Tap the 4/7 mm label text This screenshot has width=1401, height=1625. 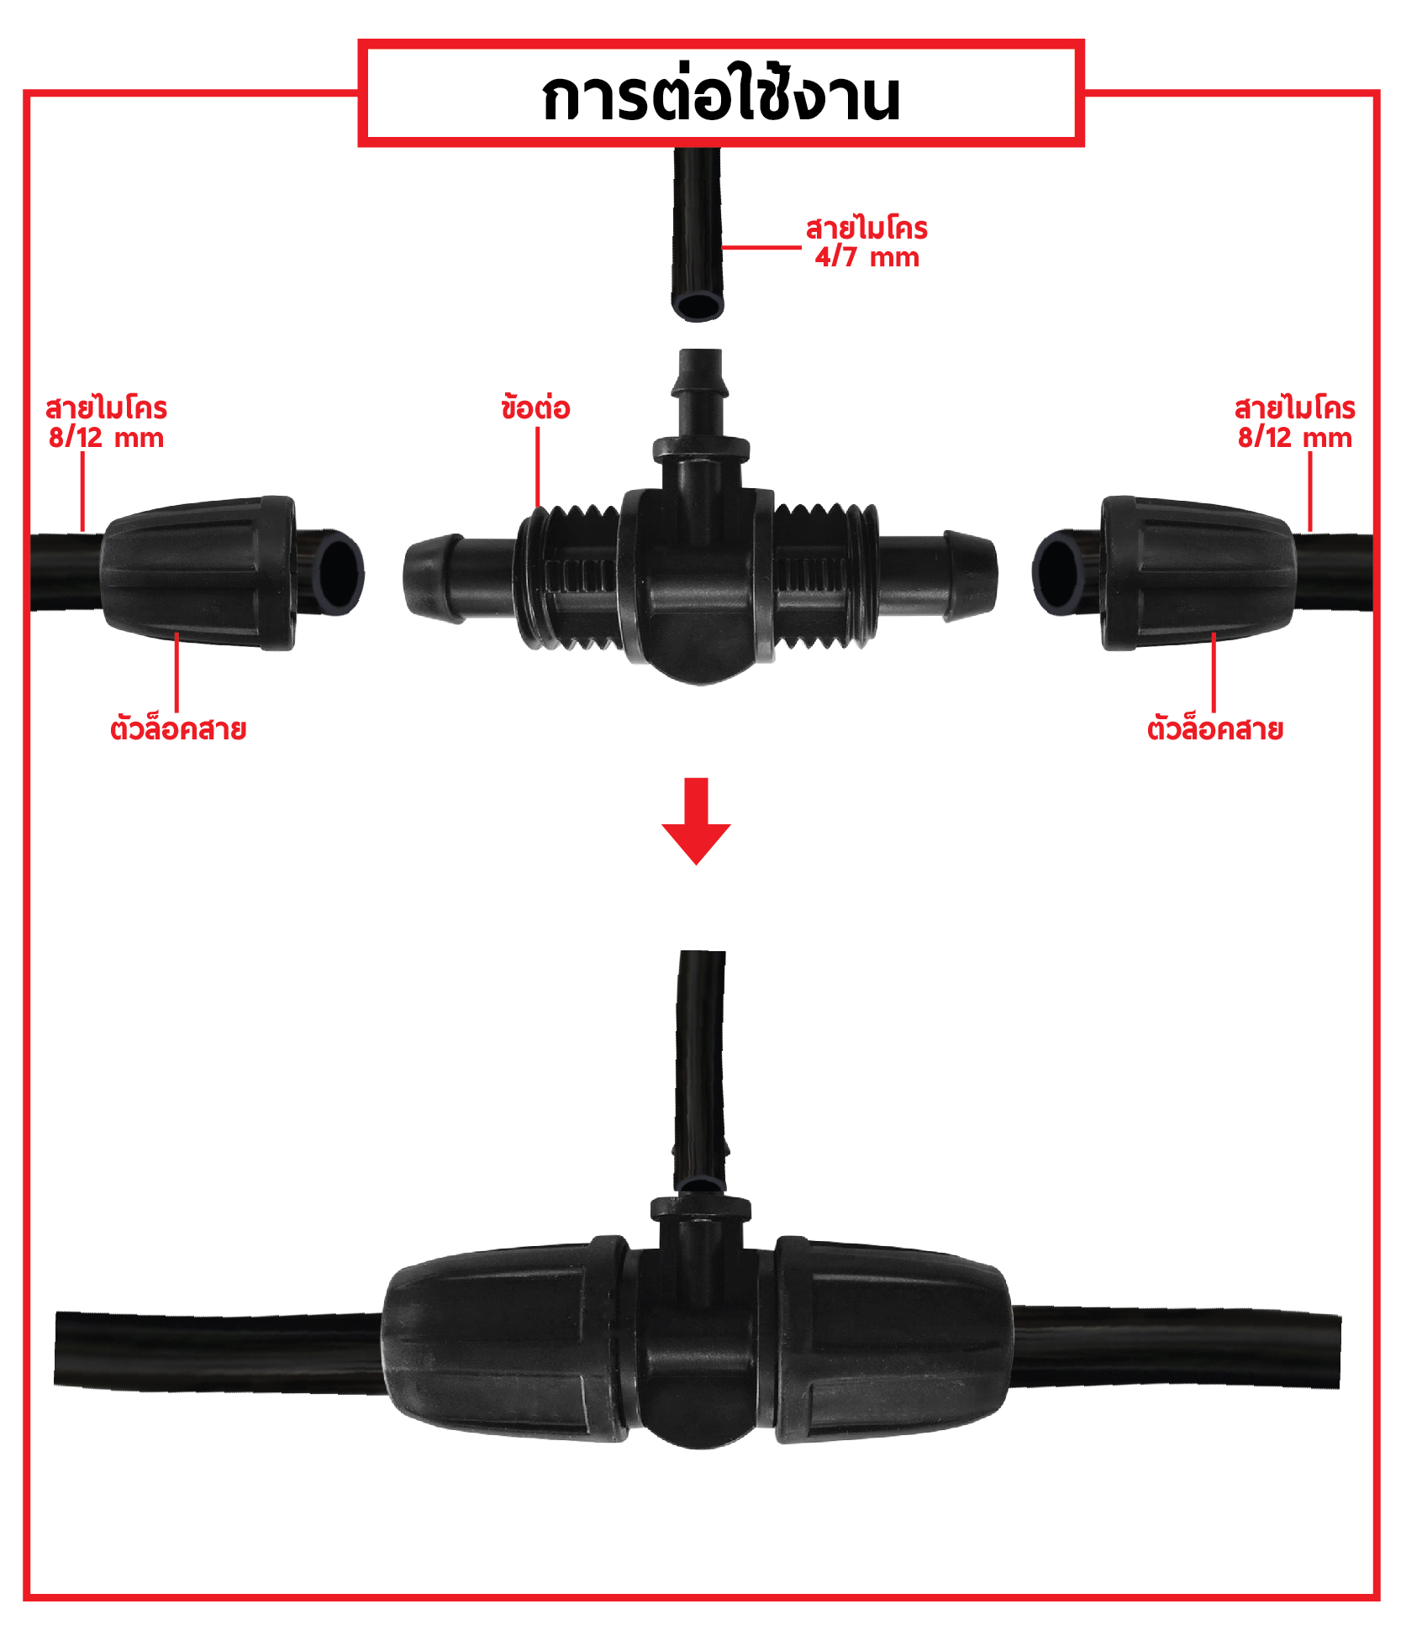(866, 257)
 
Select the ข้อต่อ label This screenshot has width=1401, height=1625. (535, 408)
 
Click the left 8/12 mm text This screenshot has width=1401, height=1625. (106, 438)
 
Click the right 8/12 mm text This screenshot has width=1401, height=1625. (1294, 438)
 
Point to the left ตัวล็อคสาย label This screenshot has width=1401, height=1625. (178, 728)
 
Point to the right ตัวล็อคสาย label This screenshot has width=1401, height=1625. (1214, 728)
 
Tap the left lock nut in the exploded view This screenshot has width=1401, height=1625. (198, 573)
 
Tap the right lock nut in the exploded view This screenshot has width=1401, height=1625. (1198, 573)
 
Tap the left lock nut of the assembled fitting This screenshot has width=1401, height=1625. (504, 1342)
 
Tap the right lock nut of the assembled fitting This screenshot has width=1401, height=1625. (891, 1342)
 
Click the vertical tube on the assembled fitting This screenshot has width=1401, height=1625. (700, 1059)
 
